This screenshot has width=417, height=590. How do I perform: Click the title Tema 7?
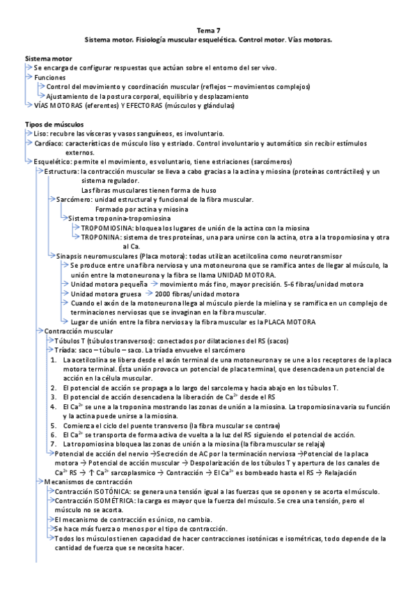click(x=208, y=31)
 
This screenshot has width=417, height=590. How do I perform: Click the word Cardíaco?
click(x=48, y=142)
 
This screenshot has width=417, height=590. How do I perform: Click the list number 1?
click(x=53, y=359)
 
